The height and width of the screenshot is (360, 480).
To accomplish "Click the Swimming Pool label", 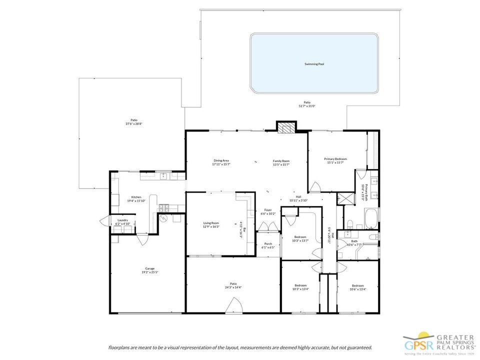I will point(314,64).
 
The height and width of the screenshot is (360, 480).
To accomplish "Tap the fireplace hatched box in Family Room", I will point(286,127).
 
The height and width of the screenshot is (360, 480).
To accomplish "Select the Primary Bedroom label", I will point(335,159).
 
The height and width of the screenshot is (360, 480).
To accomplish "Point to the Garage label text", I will point(150,268).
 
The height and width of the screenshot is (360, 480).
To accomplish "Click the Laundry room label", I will point(123,220).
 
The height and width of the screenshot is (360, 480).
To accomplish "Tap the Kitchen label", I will point(136,197).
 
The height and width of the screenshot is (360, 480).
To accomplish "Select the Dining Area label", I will point(220,160).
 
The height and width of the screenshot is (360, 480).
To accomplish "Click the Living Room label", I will point(211,223).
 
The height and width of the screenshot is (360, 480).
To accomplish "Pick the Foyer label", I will point(268,210).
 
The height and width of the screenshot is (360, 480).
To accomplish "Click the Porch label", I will point(268,244).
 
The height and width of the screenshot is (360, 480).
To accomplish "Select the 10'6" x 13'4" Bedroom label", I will point(357,285).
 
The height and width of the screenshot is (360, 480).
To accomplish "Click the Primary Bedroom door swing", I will point(315,187).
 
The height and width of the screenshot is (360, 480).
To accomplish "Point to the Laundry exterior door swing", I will point(105,221).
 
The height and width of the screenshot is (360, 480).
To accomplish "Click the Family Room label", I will point(281,161).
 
